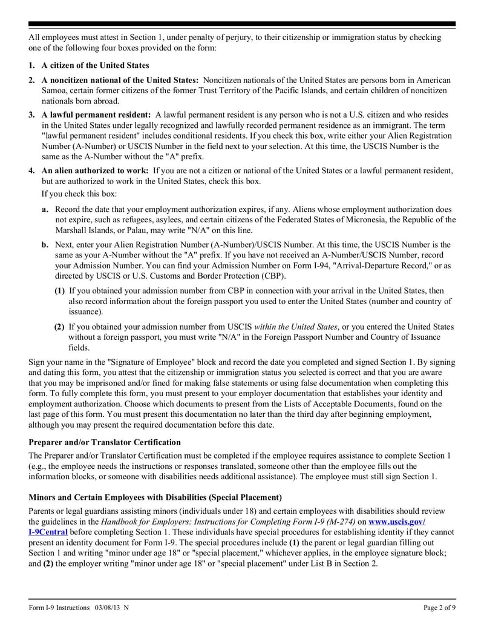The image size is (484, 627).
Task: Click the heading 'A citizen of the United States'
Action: coord(95,65)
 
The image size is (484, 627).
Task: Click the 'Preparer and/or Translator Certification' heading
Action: coord(105,442)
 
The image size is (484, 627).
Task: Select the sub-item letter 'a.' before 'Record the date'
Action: coord(45,209)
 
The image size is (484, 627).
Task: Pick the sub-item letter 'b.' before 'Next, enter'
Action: coord(45,245)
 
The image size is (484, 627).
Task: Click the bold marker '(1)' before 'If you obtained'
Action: coord(60,291)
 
